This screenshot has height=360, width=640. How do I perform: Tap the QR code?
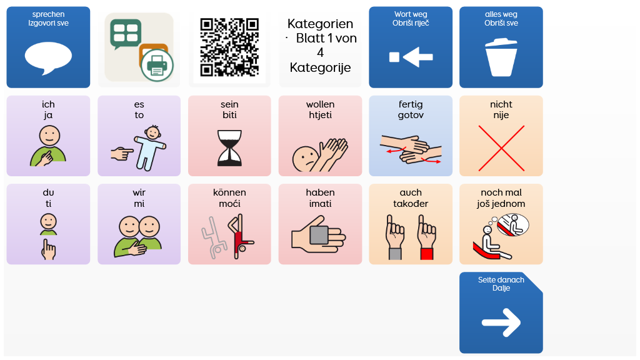click(229, 47)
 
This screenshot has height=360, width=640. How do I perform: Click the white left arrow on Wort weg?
click(417, 57)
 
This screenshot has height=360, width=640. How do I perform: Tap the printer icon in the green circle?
click(157, 66)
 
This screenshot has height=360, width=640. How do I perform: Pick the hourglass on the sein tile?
click(229, 147)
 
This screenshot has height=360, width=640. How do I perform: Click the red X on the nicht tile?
click(501, 148)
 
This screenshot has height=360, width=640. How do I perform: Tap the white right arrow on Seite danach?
click(501, 322)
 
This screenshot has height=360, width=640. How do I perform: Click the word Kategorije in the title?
click(321, 67)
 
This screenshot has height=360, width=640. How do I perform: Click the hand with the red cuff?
click(426, 238)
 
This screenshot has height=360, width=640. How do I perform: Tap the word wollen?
click(321, 104)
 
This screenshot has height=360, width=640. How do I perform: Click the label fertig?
click(411, 104)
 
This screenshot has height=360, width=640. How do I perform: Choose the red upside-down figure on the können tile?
click(241, 237)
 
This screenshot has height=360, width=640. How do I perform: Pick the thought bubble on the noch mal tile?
click(512, 225)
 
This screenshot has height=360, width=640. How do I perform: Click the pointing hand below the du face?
click(49, 249)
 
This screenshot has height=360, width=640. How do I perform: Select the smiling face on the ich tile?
click(50, 136)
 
